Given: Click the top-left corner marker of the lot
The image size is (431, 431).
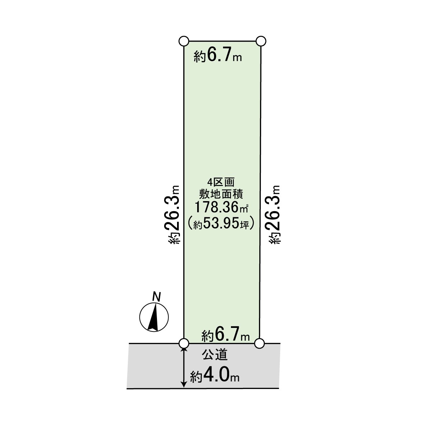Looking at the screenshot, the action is pos(184,41).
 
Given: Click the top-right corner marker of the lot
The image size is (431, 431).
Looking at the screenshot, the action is pos(261,41).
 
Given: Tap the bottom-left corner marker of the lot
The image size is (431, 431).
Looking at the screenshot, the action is pos(184,343).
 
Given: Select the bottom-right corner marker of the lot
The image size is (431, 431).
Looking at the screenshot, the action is pos(259,343).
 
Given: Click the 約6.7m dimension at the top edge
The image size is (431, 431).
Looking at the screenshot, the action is pos(218,55).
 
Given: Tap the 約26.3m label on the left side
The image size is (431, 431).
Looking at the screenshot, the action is pos(173,214).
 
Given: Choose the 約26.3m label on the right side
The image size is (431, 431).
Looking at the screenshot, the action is pos(273,214).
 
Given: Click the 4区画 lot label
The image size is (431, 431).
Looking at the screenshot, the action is pos(221,182).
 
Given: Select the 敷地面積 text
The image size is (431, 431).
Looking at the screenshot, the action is pos(221,194).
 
